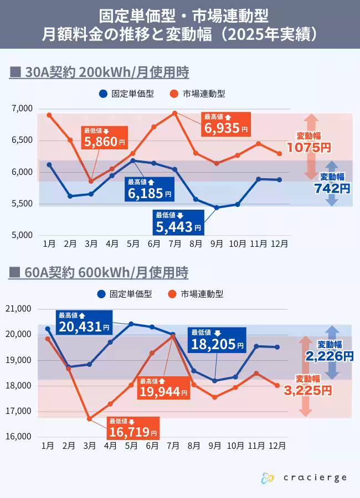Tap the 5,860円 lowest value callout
104,138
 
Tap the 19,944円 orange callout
163,388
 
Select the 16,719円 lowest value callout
132,428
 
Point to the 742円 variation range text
332,188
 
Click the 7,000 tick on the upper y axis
22,108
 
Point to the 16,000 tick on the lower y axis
20,437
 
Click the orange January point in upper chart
49,115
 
